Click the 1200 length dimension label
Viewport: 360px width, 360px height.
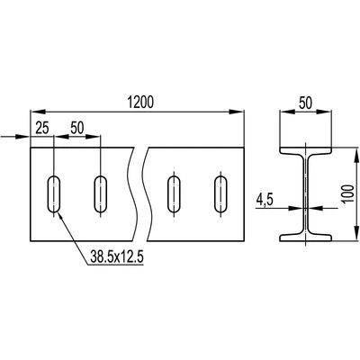tap(140, 102)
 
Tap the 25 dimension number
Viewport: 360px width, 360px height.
tap(42, 128)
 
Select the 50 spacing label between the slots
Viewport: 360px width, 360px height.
tap(77, 128)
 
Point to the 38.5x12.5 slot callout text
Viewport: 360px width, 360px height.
tap(117, 256)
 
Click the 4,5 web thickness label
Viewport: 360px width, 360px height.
tap(264, 200)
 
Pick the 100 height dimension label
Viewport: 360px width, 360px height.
tap(348, 193)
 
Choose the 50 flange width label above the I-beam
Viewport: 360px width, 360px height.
tap(305, 103)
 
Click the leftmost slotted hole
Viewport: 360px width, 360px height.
tap(54, 194)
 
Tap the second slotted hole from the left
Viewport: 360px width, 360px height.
tap(101, 194)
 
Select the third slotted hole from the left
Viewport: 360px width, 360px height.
tap(174, 194)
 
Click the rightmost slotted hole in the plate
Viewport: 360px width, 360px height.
tap(220, 194)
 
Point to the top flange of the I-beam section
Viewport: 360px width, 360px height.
tap(306, 150)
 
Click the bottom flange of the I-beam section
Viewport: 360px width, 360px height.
tap(306, 238)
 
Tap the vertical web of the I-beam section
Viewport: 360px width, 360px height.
tap(306, 194)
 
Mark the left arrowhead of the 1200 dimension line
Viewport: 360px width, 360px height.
tap(38, 112)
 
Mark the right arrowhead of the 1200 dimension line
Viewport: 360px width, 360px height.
tap(237, 112)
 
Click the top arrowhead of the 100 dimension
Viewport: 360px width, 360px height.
tap(356, 155)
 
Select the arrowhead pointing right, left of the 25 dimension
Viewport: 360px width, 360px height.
tap(22, 137)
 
